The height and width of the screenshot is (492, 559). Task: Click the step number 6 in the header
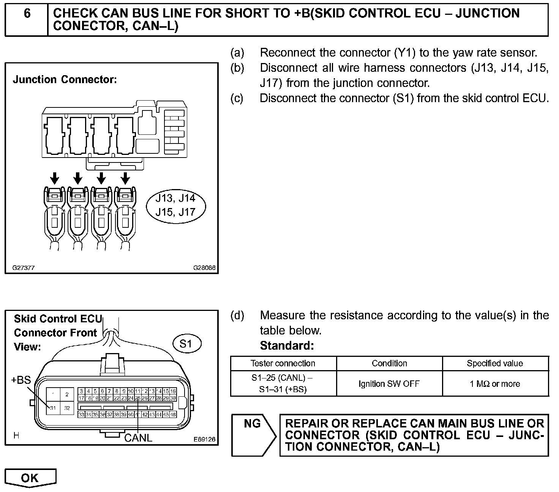coord(27,14)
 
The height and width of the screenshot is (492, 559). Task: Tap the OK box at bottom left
coord(30,478)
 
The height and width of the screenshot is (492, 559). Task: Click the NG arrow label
coord(253,423)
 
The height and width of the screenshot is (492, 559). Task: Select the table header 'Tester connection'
coord(283,363)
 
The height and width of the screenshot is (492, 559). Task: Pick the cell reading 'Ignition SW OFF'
coord(389,384)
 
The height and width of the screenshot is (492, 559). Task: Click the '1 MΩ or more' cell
coord(495,384)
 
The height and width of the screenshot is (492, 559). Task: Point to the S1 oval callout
coord(186,344)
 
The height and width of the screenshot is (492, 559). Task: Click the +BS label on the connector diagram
coord(21,380)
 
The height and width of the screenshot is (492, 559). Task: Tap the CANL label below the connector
coord(138,438)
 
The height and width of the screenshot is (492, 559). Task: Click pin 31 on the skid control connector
coord(53,408)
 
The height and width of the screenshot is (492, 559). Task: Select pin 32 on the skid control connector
coord(67,408)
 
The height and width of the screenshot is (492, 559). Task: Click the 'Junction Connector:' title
coord(65,80)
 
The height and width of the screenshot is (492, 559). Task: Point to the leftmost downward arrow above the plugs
coord(55,178)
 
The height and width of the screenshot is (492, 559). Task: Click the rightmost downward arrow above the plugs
coord(125,178)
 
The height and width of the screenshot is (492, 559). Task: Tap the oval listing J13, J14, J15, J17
coord(175,205)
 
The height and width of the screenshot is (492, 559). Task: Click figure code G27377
coord(24,267)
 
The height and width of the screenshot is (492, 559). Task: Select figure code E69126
coord(204,439)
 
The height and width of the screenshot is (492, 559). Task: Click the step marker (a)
coord(237,52)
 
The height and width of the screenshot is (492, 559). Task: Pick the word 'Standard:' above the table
coord(287,346)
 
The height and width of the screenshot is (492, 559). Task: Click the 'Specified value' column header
coord(495,363)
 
